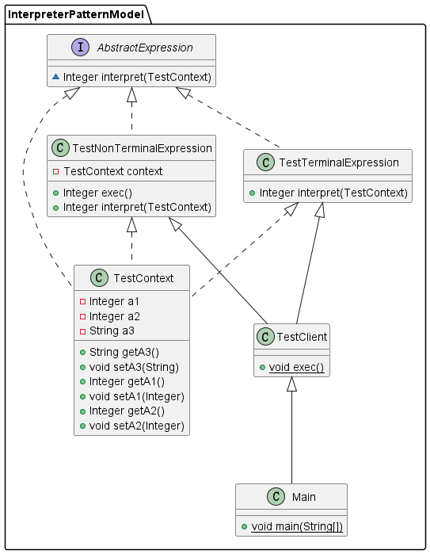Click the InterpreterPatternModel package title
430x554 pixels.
point(77,13)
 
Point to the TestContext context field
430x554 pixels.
point(112,171)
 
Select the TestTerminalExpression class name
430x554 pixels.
point(339,162)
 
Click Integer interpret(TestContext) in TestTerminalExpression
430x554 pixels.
point(333,193)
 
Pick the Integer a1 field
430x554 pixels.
point(114,301)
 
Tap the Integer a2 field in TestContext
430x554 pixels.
point(114,315)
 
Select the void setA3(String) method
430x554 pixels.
point(134,367)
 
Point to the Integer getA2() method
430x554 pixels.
point(129,411)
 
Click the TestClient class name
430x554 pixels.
point(302,338)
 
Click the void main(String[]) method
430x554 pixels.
point(296,527)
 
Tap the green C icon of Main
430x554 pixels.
point(274,497)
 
